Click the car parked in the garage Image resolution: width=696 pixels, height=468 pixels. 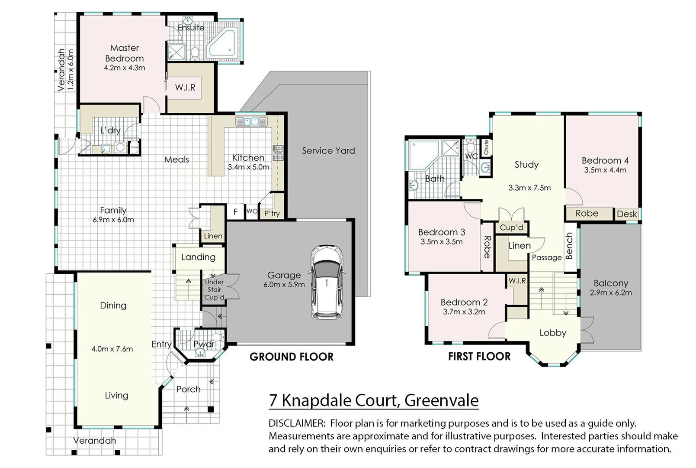pos(327,283)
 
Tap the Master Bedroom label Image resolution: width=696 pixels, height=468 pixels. pos(124,53)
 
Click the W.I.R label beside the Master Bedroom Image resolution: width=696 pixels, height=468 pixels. pos(185,88)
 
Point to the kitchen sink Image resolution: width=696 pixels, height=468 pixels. pos(251,121)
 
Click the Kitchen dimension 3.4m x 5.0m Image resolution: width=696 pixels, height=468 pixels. pos(248,167)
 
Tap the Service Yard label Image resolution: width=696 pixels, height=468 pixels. pos(328,151)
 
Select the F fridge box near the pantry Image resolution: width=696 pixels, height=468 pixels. pos(235,212)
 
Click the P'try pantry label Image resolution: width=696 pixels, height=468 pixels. pos(272,213)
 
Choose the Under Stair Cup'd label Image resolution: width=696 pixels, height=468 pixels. pos(215,289)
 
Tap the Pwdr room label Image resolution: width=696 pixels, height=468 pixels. pos(204,344)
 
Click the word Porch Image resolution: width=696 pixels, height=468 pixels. pos(188,389)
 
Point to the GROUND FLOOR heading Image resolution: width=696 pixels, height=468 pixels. pos(292,357)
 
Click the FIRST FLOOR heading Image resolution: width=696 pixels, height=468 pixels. pos(479,357)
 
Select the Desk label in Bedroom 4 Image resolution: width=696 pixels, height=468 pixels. pos(626,214)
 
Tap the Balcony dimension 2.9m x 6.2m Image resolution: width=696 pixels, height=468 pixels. pos(610,293)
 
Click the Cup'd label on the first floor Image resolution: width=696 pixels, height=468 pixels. pos(511,227)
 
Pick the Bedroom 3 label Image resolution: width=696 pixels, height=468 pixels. pos(441,232)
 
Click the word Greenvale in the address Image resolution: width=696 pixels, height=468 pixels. pos(441,400)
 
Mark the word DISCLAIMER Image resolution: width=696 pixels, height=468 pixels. pos(296,423)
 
